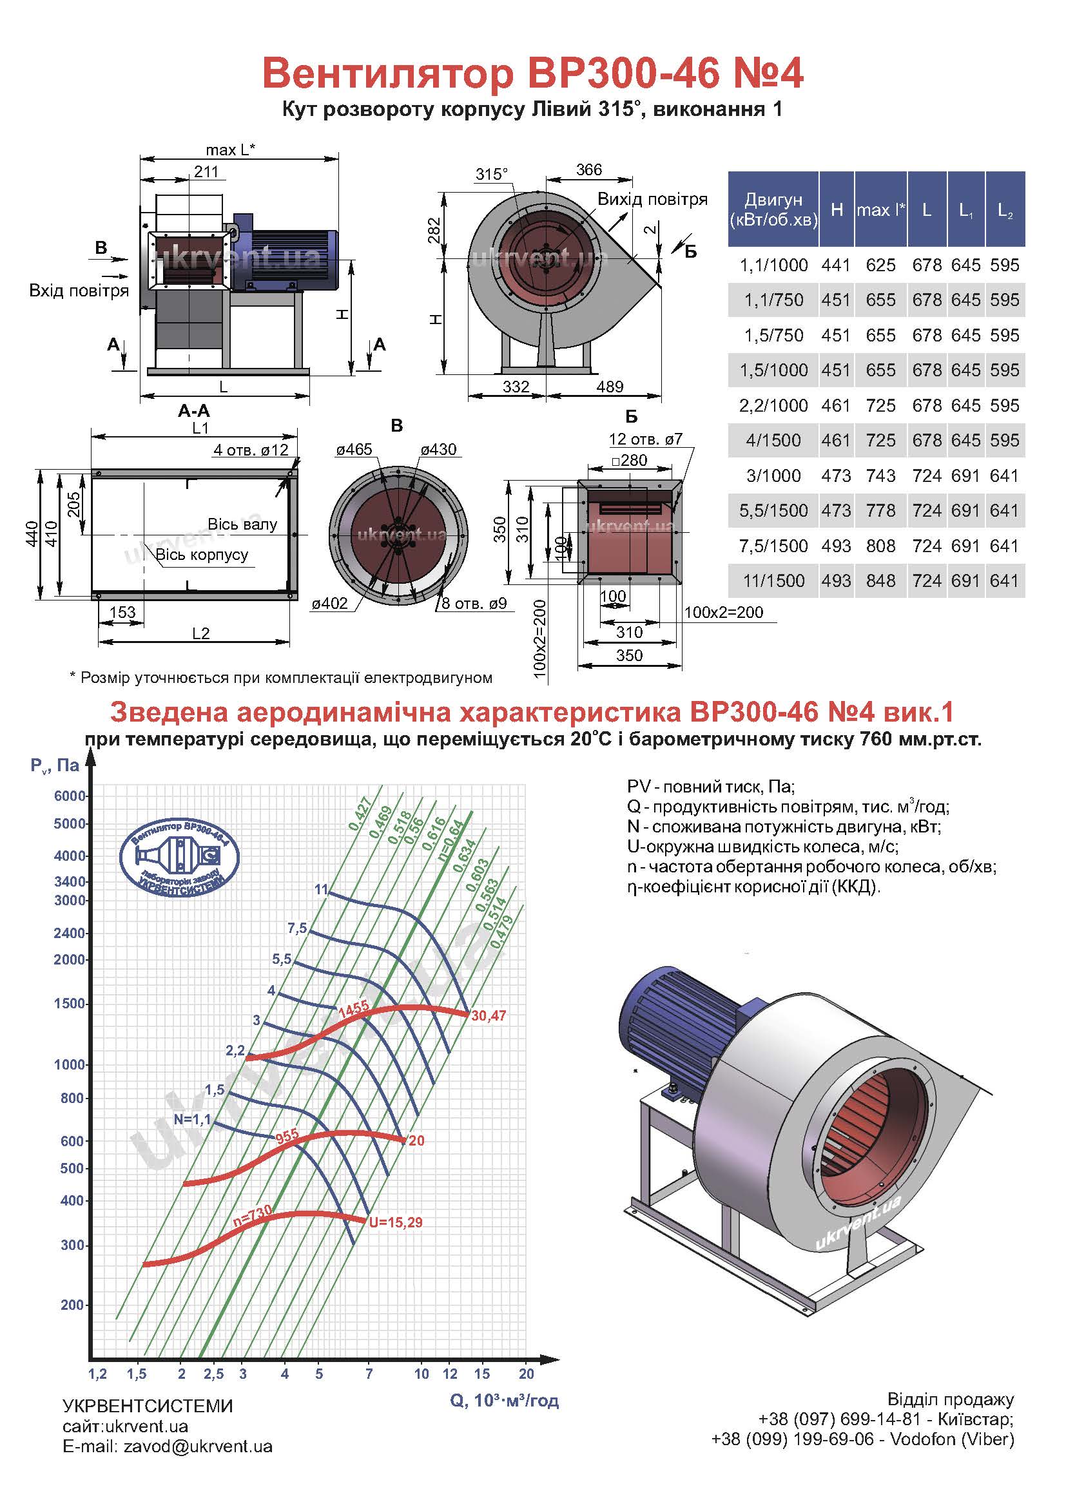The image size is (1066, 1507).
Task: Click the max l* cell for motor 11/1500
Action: (x=880, y=581)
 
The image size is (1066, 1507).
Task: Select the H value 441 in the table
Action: (x=836, y=265)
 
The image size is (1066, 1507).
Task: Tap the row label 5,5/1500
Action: (x=773, y=511)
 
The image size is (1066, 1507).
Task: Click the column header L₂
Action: (x=1004, y=210)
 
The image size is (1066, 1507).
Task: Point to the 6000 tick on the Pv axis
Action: (x=70, y=796)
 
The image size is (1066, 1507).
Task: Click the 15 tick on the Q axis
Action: (x=482, y=1374)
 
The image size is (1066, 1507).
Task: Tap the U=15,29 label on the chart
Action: (x=395, y=1222)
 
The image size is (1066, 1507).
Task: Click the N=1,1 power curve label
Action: (x=192, y=1119)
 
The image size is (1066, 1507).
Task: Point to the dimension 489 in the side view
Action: (x=609, y=387)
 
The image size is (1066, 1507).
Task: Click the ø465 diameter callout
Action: (x=354, y=450)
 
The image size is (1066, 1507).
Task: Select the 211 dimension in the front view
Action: (x=206, y=171)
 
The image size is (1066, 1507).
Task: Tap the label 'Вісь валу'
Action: (x=242, y=524)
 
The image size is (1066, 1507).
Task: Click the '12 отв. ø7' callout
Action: (x=646, y=439)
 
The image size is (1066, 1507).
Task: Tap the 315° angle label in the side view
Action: (x=492, y=174)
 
